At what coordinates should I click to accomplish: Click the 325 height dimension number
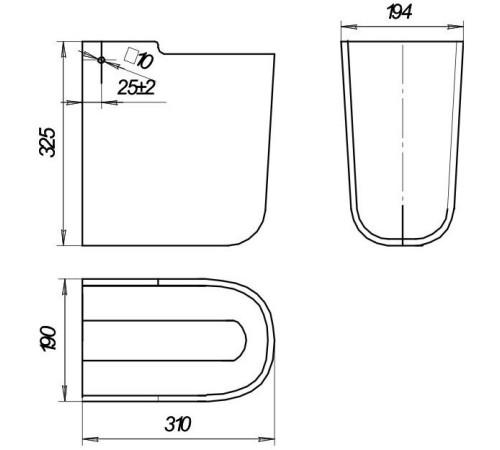tap(47, 142)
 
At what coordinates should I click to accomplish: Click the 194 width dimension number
tap(400, 12)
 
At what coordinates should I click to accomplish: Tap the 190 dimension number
tap(48, 338)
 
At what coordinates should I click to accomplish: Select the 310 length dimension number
tap(178, 424)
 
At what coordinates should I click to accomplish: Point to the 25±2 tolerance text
tap(137, 88)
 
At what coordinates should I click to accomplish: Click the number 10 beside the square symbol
tap(145, 61)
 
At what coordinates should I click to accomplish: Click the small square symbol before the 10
tap(131, 55)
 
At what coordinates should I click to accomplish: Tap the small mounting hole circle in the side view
tap(101, 60)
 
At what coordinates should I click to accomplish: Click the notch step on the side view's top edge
tap(160, 48)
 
